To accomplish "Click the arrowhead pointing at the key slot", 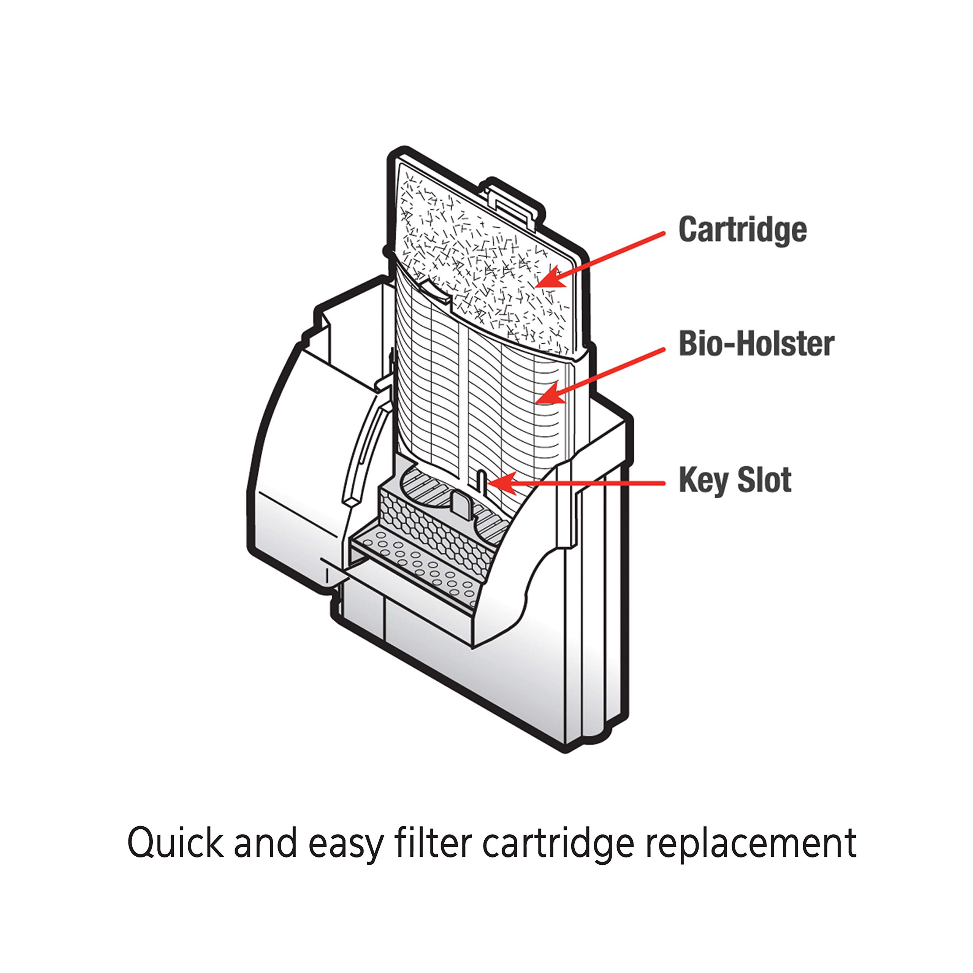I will tap(499, 482).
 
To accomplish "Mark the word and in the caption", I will tap(265, 841).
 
